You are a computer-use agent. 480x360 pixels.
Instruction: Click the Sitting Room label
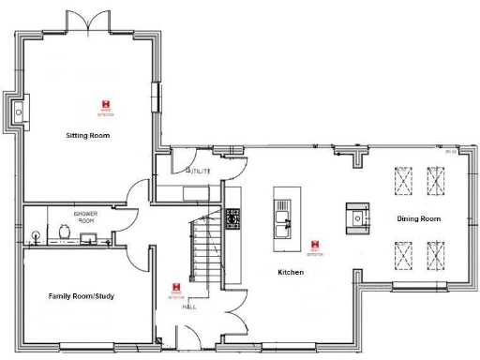pyautogui.click(x=88, y=136)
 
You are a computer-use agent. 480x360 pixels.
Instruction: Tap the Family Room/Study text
pyautogui.click(x=82, y=296)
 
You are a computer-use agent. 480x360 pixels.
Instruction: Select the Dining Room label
pyautogui.click(x=418, y=218)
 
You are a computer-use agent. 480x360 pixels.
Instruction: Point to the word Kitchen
pyautogui.click(x=291, y=272)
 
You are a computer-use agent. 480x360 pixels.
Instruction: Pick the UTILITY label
pyautogui.click(x=202, y=172)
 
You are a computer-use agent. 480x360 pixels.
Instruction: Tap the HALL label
pyautogui.click(x=188, y=307)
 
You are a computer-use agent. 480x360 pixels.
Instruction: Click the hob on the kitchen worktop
pyautogui.click(x=232, y=219)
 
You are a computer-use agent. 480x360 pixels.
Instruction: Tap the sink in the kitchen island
pyautogui.click(x=281, y=219)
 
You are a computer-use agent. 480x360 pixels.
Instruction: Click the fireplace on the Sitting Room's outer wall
pyautogui.click(x=16, y=112)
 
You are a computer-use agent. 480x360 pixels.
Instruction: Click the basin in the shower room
pyautogui.click(x=37, y=234)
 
